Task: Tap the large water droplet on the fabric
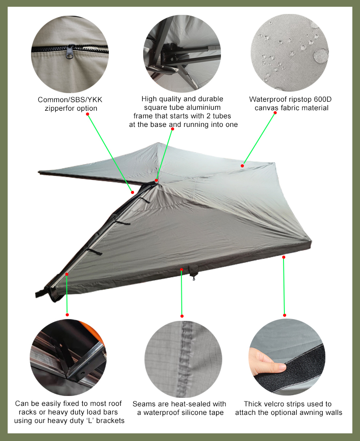pyautogui.click(x=321, y=55)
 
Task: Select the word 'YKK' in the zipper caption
pyautogui.click(x=94, y=100)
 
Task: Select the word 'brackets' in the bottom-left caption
pyautogui.click(x=110, y=421)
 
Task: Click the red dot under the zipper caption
pyautogui.click(x=87, y=114)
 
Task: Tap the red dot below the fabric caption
pyautogui.click(x=275, y=113)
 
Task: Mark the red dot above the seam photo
pyautogui.click(x=182, y=316)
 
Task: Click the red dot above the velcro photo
pyautogui.click(x=284, y=315)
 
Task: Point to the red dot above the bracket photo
pyautogui.click(x=67, y=315)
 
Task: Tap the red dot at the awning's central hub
pyautogui.click(x=157, y=180)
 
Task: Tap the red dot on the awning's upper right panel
pyautogui.click(x=242, y=166)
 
